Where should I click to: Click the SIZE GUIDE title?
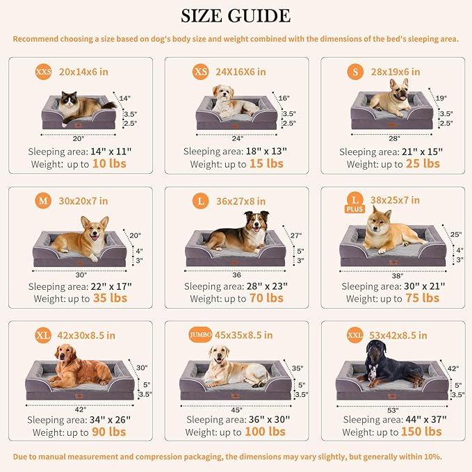[236, 15]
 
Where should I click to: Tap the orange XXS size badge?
[43, 72]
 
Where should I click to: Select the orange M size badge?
[42, 202]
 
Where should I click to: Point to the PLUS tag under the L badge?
[355, 209]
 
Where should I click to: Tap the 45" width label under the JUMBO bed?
[236, 408]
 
